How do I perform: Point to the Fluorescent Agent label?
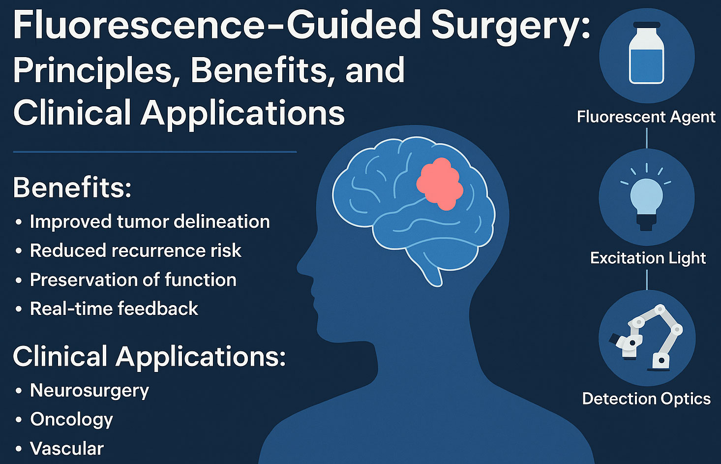(x=646, y=117)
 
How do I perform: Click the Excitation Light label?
(x=648, y=258)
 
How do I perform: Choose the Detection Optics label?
(x=646, y=399)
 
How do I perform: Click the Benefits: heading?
(x=72, y=187)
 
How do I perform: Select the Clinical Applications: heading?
(x=149, y=356)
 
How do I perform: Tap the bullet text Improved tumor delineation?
(x=150, y=222)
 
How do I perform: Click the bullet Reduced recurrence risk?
(x=135, y=251)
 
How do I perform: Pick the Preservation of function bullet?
(x=133, y=280)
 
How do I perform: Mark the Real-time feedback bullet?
(x=114, y=309)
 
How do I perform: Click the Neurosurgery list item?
(x=89, y=391)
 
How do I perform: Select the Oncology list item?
(x=71, y=420)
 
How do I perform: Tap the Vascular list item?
(x=66, y=449)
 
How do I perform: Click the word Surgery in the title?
(x=511, y=26)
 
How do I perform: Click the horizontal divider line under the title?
(x=154, y=152)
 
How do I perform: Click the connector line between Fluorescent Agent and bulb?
(x=647, y=138)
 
